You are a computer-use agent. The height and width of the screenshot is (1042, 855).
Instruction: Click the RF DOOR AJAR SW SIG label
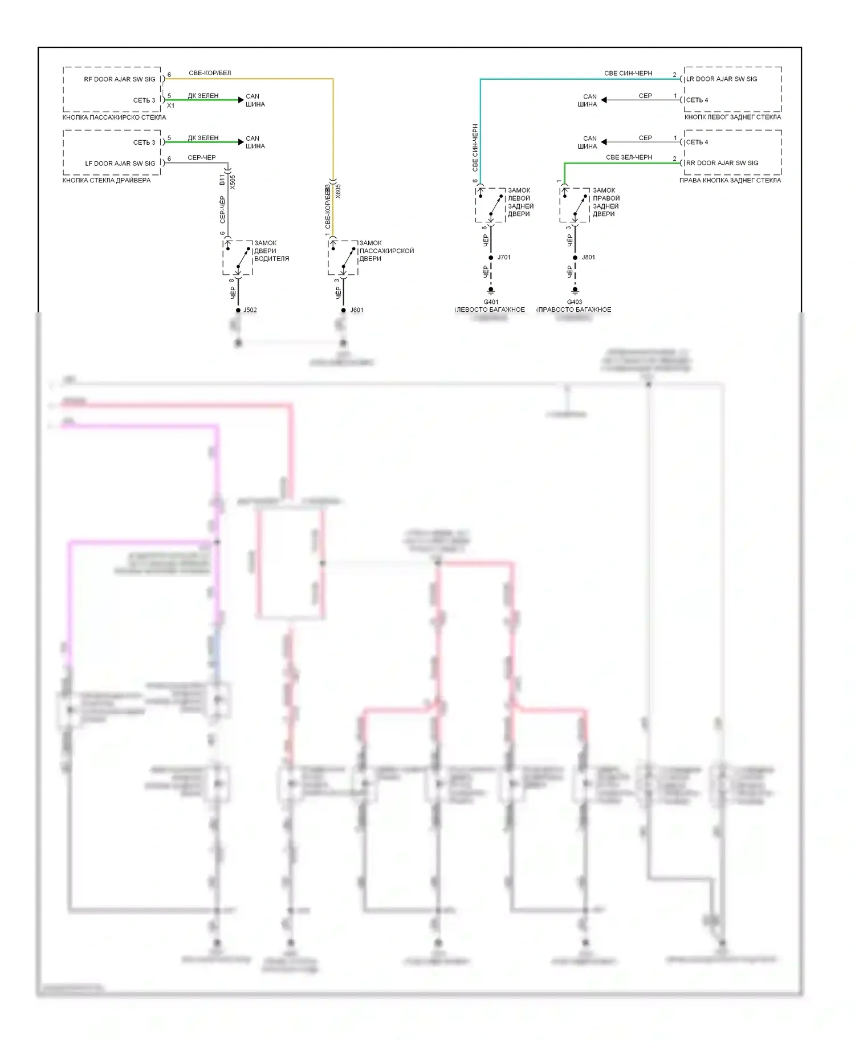point(119,79)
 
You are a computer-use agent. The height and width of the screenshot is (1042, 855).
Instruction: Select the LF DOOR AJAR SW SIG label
point(120,164)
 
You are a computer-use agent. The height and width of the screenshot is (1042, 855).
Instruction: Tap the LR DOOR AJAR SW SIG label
point(722,79)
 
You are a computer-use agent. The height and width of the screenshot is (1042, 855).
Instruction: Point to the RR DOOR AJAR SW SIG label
point(722,163)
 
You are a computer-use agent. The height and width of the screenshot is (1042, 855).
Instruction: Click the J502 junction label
point(250,310)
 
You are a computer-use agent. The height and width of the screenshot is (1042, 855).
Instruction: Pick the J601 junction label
point(356,310)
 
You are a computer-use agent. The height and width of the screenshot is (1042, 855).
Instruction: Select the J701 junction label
point(504,258)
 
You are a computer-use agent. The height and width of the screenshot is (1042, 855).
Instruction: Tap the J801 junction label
point(588,258)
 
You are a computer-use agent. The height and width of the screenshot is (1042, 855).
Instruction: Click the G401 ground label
point(491,302)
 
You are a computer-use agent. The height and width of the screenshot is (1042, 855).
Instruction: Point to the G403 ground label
point(575,302)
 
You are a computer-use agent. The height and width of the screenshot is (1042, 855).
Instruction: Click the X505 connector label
point(233,182)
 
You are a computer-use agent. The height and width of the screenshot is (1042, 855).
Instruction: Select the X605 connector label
point(338,190)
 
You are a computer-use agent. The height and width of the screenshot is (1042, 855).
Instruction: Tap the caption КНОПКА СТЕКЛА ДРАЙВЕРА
point(107,180)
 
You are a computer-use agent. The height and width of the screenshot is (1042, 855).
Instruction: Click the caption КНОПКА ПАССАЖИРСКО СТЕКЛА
point(114,117)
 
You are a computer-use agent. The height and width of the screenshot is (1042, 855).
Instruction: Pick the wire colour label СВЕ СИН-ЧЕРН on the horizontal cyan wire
point(628,74)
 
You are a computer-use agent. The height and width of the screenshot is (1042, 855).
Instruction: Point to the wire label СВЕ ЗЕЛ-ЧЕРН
point(629,157)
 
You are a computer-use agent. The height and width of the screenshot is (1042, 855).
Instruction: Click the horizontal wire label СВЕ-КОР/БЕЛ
point(210,74)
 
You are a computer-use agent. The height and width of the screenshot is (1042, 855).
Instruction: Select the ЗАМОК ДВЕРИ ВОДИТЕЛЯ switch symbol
point(238,258)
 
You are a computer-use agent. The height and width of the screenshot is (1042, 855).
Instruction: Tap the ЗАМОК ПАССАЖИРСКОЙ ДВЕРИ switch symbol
point(343,258)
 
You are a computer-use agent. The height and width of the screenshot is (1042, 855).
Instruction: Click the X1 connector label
point(170,106)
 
